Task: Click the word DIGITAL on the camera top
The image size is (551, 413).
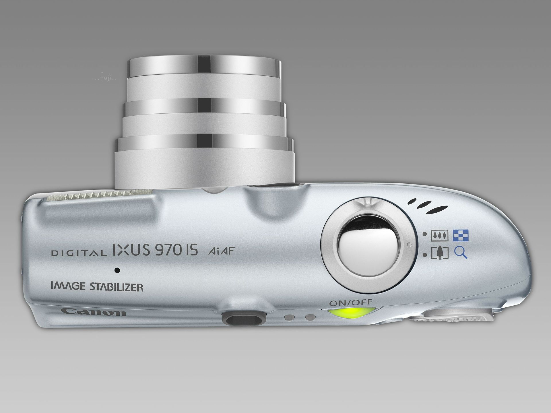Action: click(77, 253)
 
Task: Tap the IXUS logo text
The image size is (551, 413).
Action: click(130, 249)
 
